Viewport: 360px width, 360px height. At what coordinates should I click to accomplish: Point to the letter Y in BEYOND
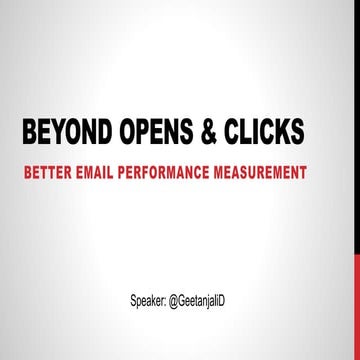(66, 135)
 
